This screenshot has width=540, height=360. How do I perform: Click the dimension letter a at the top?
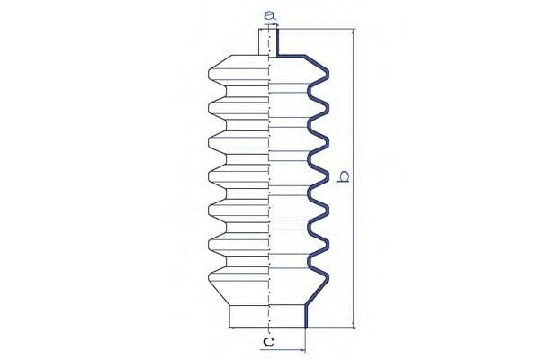pos(270,15)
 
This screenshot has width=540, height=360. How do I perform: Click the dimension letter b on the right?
pos(343,176)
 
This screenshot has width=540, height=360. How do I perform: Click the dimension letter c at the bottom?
pos(268,341)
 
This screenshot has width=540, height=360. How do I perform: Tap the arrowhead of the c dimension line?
pos(302,350)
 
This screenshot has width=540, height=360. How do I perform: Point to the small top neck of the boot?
pos(268,42)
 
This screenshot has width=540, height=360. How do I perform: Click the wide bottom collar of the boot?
pos(267,316)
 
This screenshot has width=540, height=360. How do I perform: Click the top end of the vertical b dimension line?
pos(354,30)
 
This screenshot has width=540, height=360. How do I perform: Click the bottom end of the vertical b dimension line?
pos(354,328)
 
